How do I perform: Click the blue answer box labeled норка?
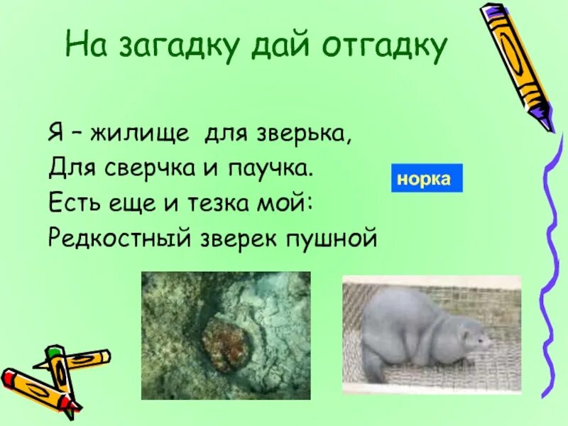coord(426,178)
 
